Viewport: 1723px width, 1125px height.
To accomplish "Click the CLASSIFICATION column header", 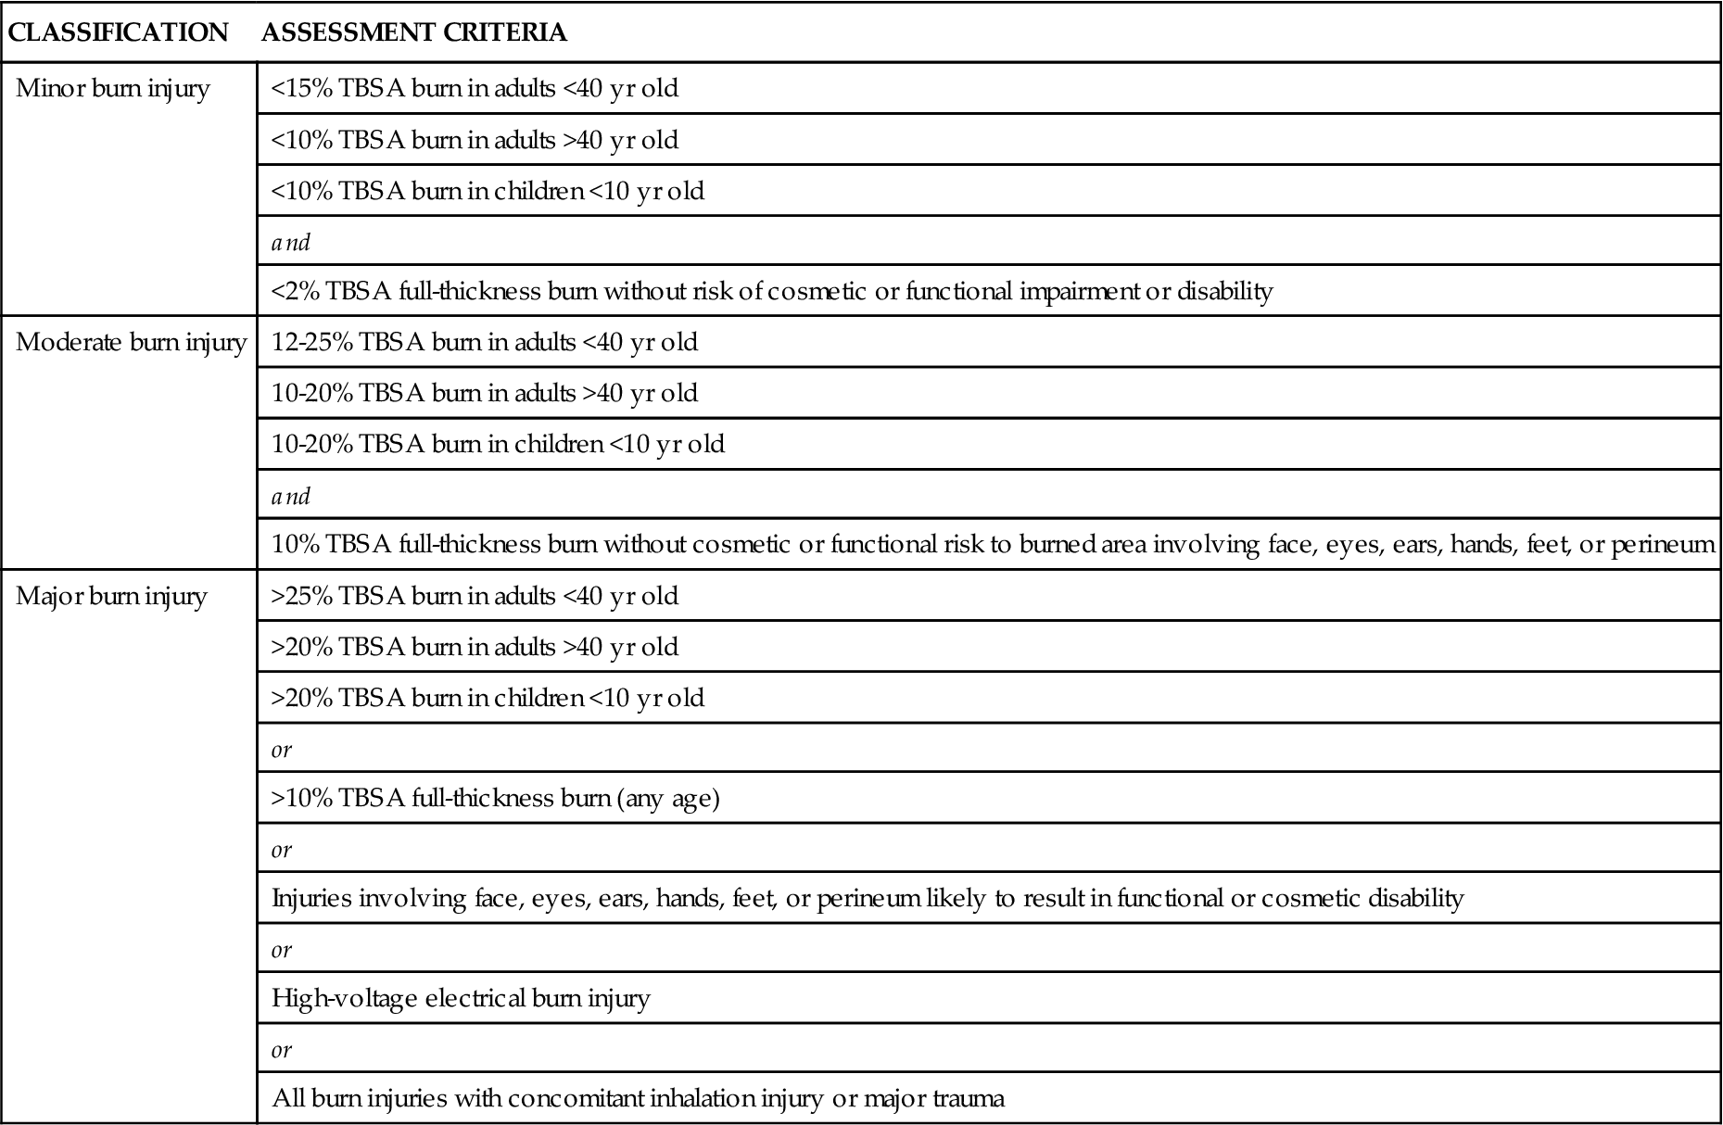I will pyautogui.click(x=118, y=33).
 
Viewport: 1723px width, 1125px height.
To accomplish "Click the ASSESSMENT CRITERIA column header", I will pyautogui.click(x=414, y=33).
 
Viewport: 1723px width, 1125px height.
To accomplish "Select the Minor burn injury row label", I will pyautogui.click(x=113, y=89).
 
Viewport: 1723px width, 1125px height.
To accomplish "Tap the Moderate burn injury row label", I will pyautogui.click(x=131, y=343).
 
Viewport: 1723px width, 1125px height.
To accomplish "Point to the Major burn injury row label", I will pyautogui.click(x=111, y=596).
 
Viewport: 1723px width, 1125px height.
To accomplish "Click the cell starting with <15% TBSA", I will pyautogui.click(x=475, y=89).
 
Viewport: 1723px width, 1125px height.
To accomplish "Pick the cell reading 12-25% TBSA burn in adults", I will pyautogui.click(x=485, y=343).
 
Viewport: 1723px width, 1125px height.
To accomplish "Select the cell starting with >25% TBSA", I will pyautogui.click(x=475, y=596).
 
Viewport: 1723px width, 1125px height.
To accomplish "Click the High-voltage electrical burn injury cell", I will pyautogui.click(x=461, y=998).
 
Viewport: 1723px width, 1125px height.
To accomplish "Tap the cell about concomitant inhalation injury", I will pyautogui.click(x=638, y=1099).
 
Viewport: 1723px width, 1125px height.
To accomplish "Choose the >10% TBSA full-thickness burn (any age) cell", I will pyautogui.click(x=495, y=798).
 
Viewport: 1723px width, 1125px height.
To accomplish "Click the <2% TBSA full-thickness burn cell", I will pyautogui.click(x=771, y=292).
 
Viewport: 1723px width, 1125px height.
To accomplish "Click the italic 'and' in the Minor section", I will pyautogui.click(x=291, y=243).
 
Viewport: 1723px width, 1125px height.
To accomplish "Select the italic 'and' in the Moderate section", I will pyautogui.click(x=291, y=496).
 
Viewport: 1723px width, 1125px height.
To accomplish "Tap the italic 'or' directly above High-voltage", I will pyautogui.click(x=282, y=950).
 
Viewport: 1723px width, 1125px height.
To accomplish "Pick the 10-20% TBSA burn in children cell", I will pyautogui.click(x=498, y=444).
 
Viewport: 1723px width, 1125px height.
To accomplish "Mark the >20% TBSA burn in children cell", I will pyautogui.click(x=488, y=698).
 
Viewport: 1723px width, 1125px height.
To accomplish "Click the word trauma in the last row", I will pyautogui.click(x=969, y=1099).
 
